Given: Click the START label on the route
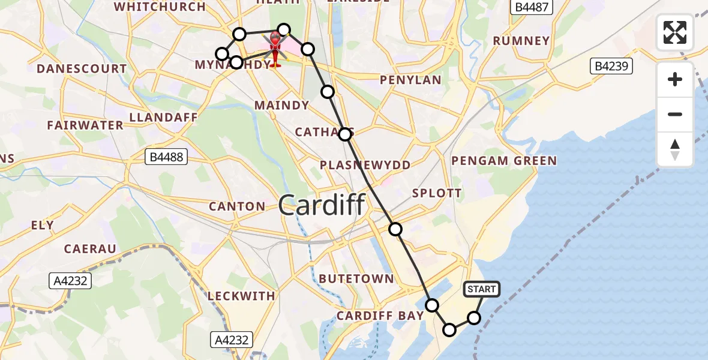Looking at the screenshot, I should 482,290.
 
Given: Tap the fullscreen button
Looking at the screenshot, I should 675,32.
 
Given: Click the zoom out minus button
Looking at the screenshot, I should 675,115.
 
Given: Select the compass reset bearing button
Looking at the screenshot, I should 675,149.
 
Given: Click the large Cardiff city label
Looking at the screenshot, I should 322,206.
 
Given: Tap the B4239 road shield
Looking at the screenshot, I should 612,66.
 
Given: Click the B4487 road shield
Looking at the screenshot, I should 532,8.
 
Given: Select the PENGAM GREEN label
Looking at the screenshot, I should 504,161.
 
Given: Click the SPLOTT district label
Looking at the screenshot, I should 436,193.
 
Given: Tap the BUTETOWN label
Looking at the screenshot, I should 356,279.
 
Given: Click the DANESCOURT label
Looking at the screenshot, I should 82,69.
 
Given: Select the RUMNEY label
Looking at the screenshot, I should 521,41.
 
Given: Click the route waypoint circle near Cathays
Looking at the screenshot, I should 345,134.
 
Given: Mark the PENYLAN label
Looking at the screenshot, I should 411,80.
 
